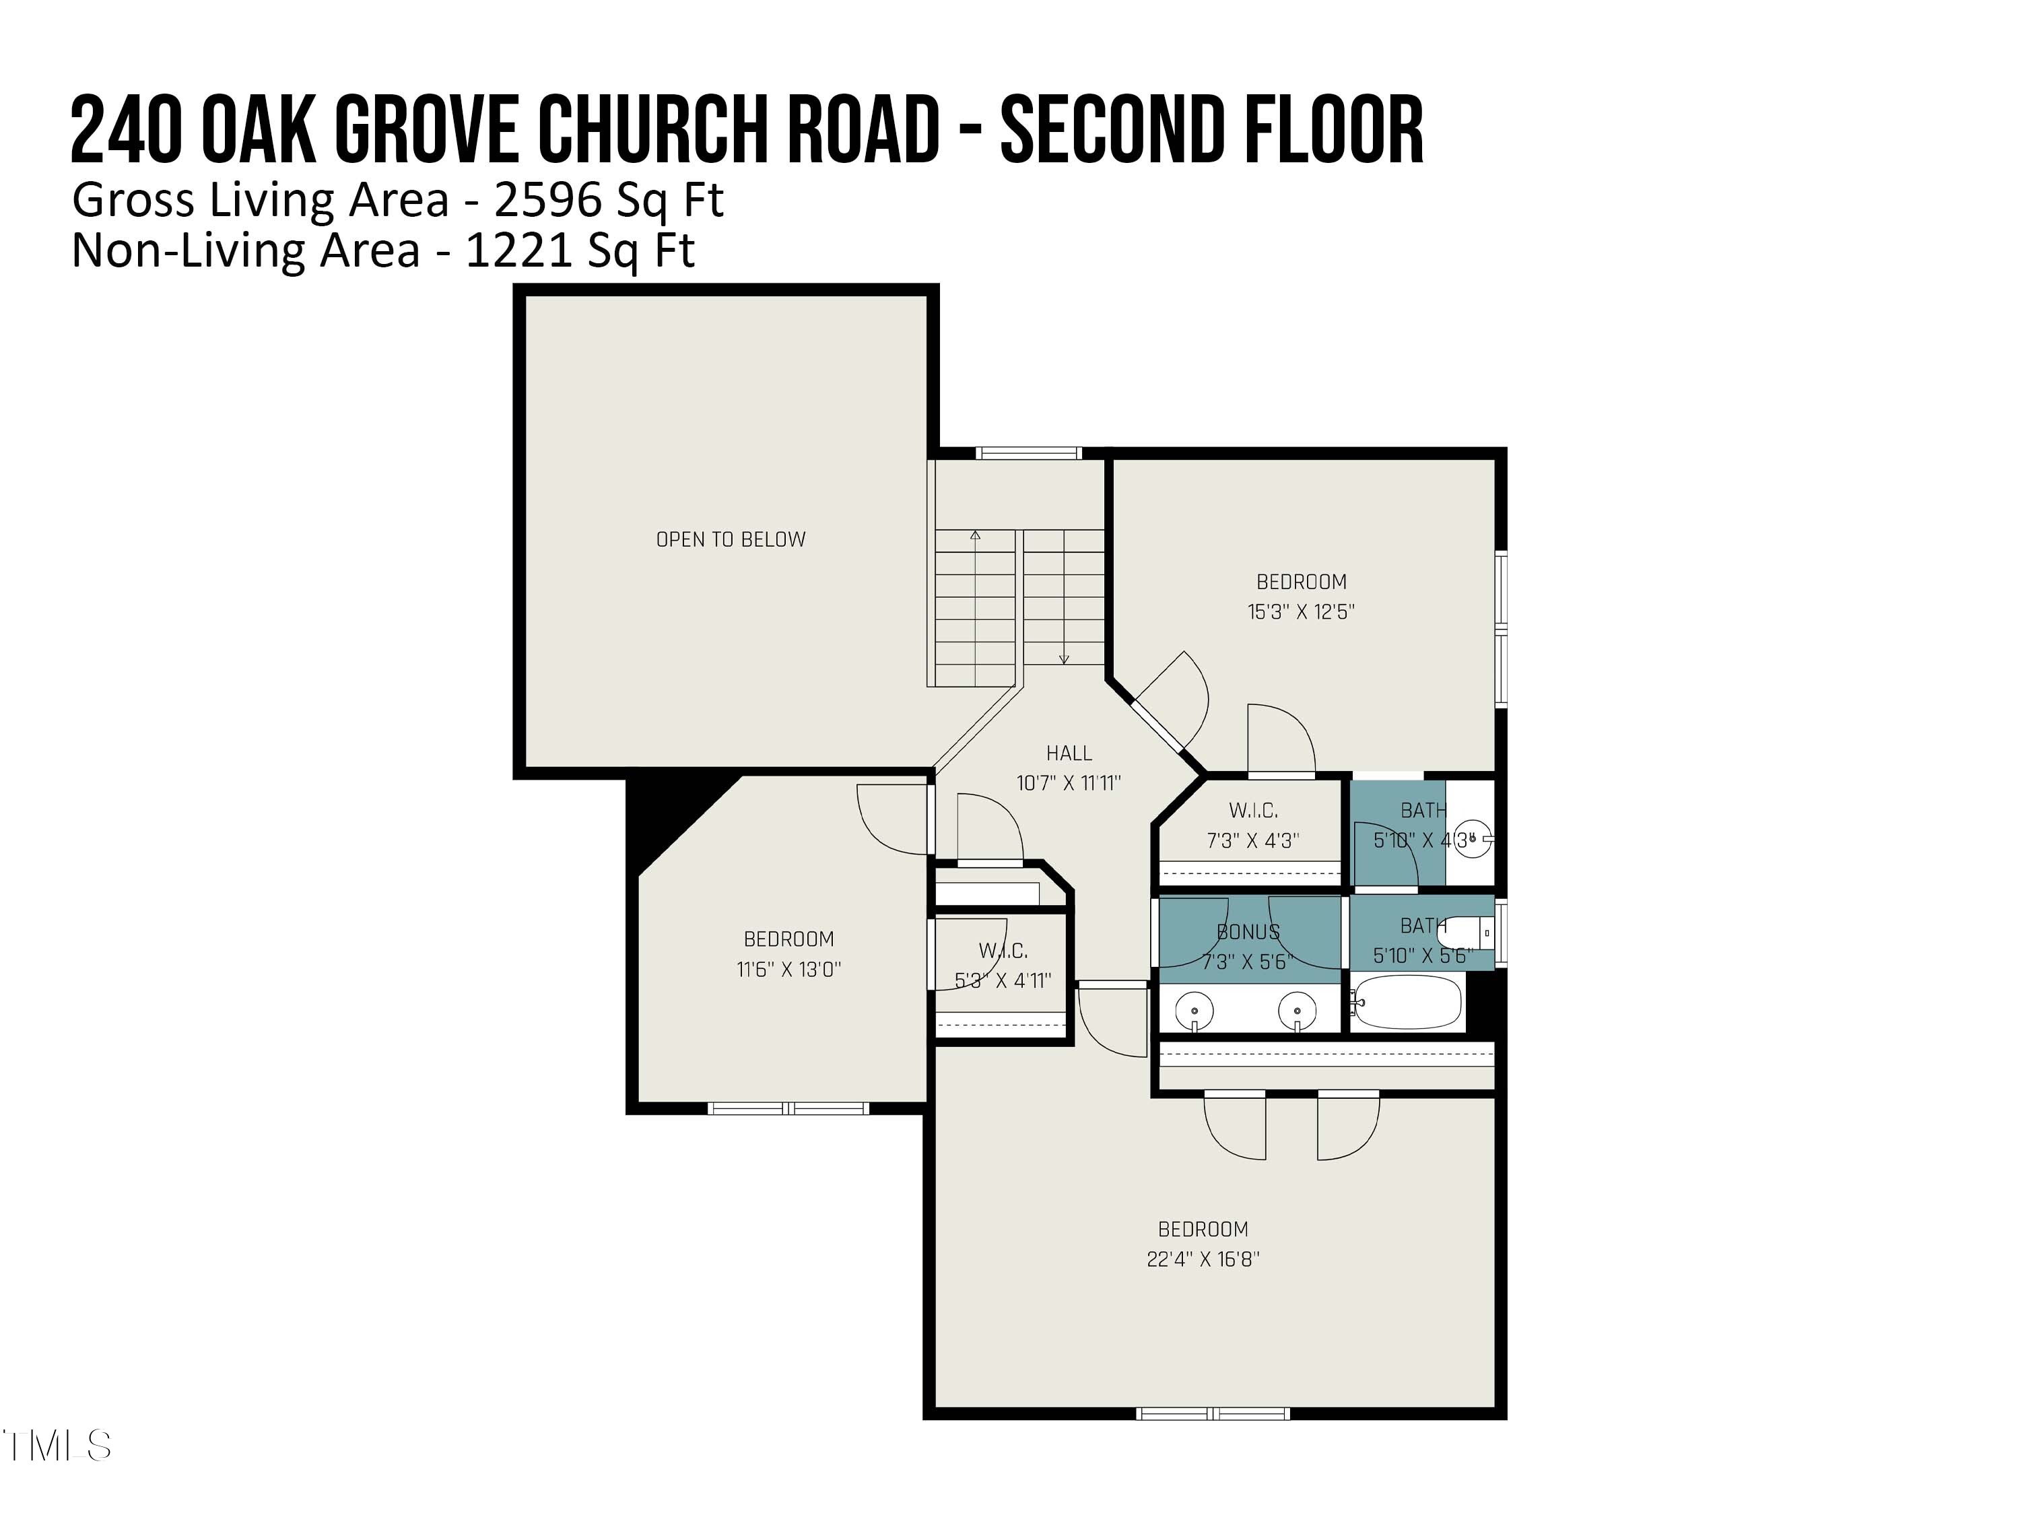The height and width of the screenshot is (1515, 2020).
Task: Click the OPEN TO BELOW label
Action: pos(731,540)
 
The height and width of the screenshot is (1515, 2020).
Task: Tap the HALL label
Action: pos(1069,753)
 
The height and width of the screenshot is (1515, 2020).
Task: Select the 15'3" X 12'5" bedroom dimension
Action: pos(1302,612)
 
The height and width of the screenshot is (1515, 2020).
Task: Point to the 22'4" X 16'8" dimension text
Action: pos(1203,1259)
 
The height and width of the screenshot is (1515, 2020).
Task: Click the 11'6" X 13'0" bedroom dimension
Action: pos(788,969)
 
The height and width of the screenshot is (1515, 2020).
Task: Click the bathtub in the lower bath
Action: pos(1407,1002)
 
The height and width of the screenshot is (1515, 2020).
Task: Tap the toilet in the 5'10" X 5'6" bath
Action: pos(1467,933)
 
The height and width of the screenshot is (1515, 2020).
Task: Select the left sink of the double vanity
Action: pos(1194,1011)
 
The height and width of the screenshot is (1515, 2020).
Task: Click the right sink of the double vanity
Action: pos(1297,1011)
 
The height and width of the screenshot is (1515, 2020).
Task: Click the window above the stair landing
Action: pos(1028,453)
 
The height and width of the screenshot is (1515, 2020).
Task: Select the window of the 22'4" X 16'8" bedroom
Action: pos(1213,1413)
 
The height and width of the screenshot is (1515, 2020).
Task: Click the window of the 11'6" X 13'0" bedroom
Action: pos(788,1108)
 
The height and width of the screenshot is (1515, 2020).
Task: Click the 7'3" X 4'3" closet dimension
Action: pos(1253,841)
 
